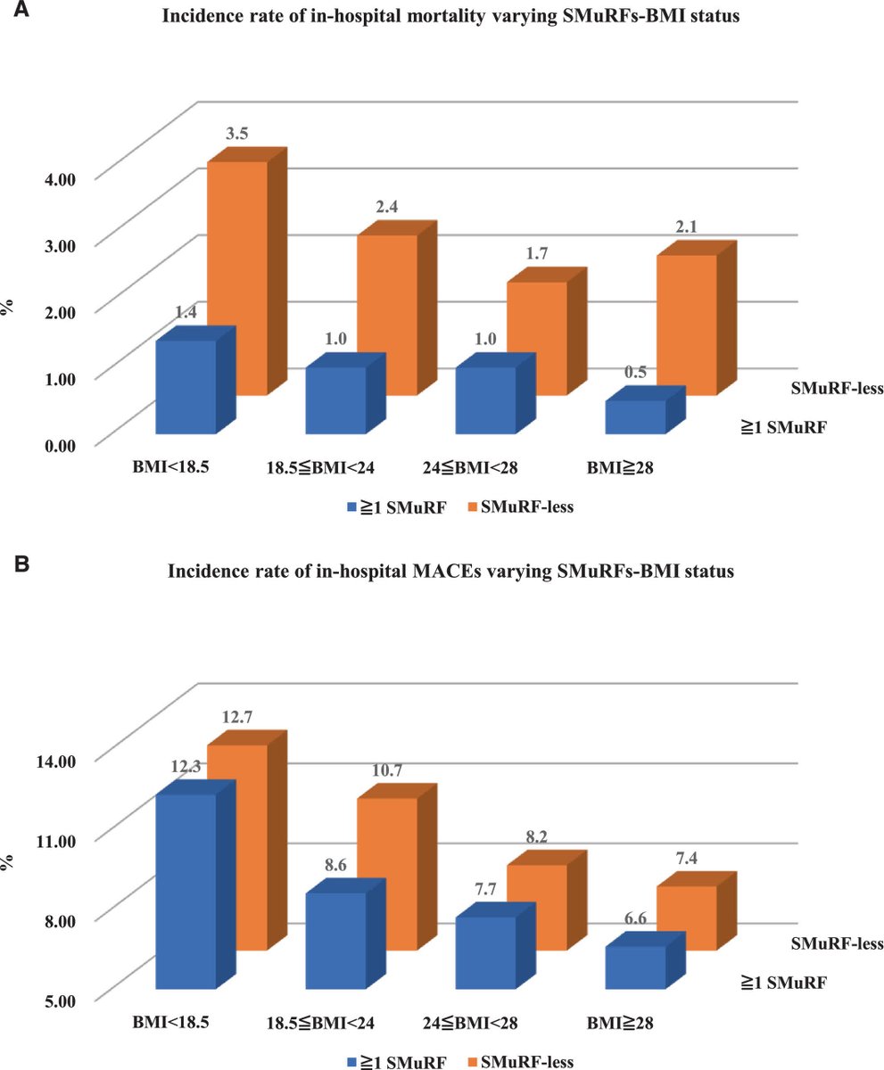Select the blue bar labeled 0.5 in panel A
point(635,417)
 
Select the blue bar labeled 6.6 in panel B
point(635,967)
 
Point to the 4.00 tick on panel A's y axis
point(61,177)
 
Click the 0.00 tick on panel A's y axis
point(61,443)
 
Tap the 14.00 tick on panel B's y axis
point(57,759)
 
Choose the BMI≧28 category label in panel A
point(618,465)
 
